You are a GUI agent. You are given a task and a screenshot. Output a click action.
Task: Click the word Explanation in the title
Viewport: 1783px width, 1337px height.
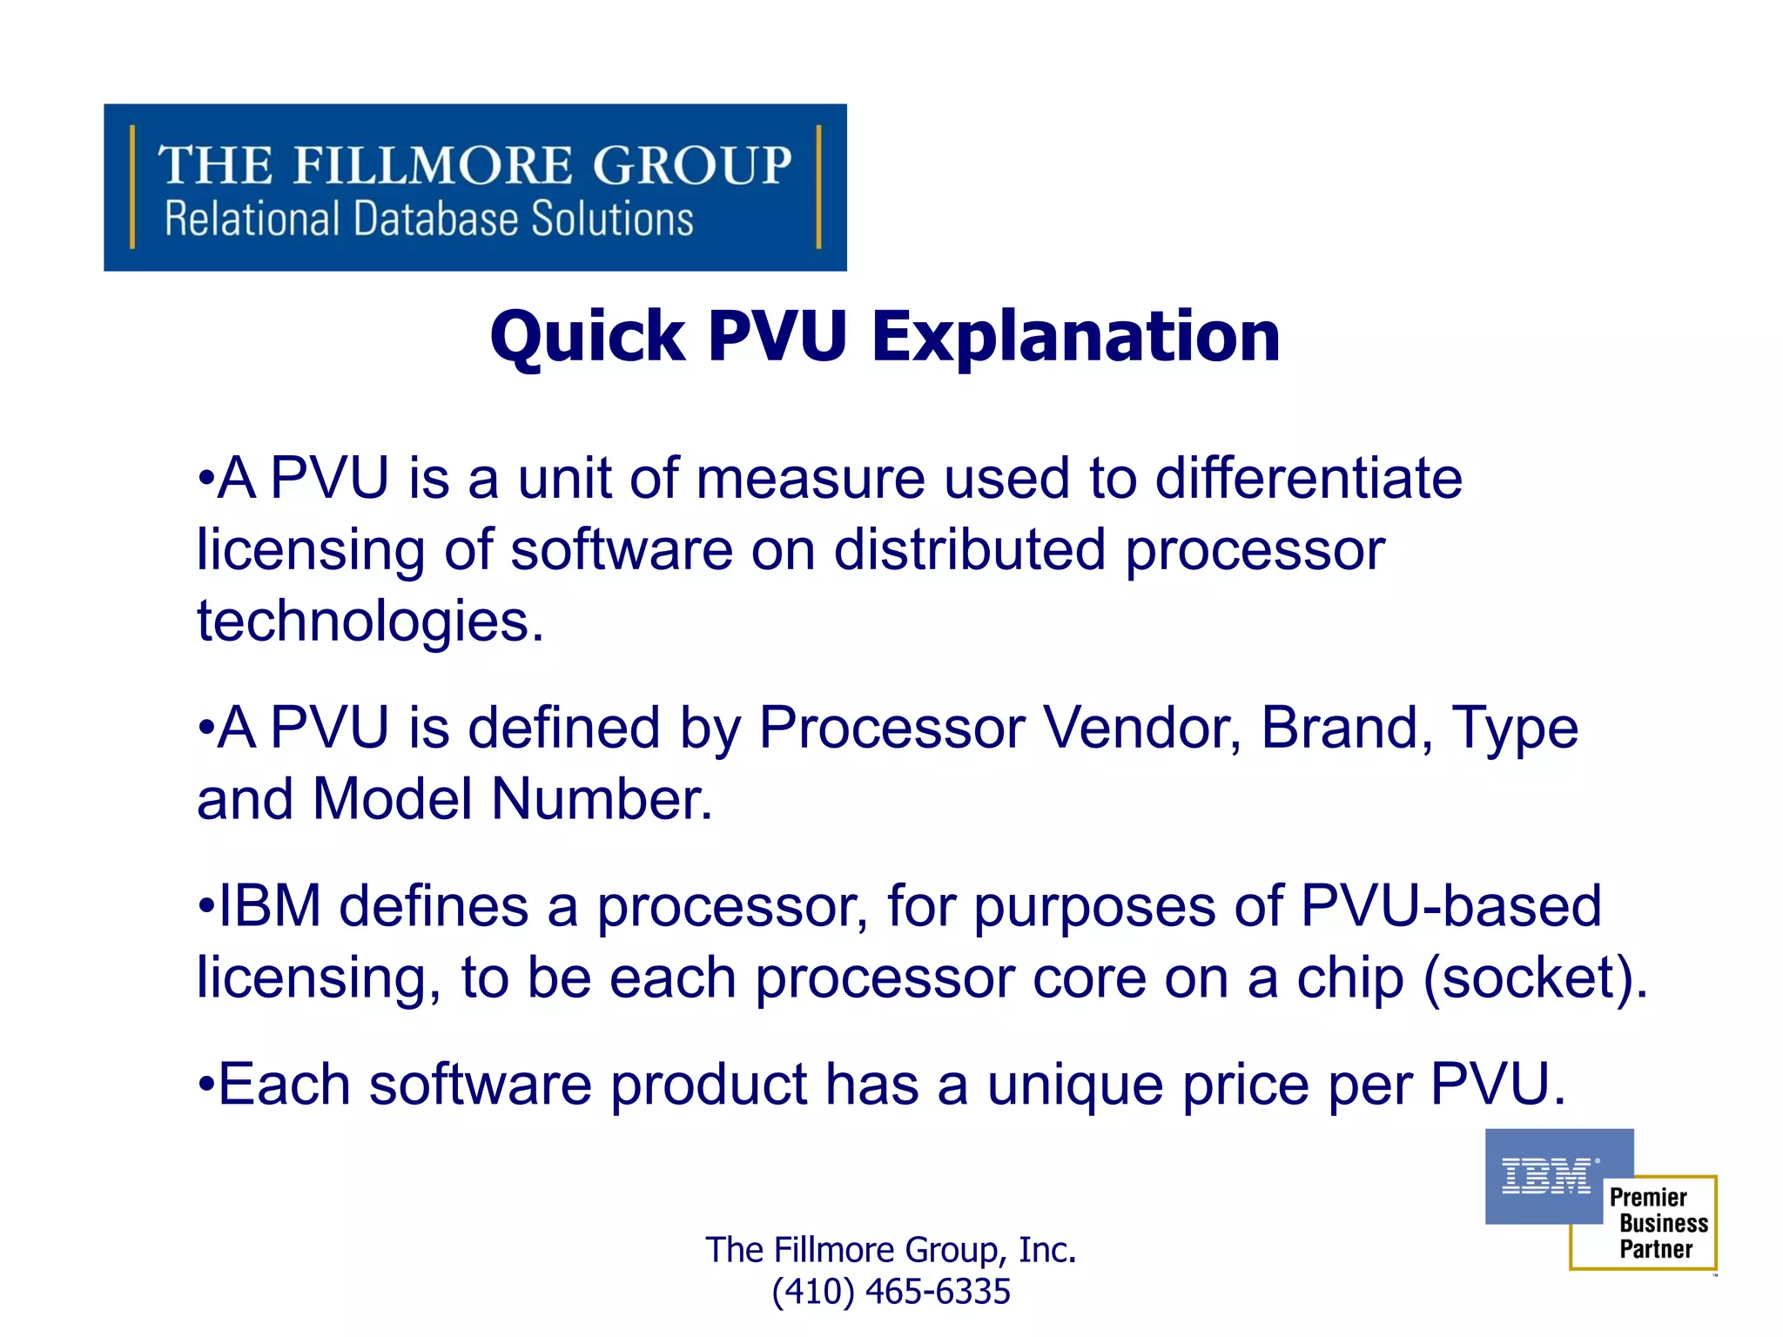click(1076, 337)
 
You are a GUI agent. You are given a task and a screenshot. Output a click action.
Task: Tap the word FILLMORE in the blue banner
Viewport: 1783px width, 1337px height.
click(433, 165)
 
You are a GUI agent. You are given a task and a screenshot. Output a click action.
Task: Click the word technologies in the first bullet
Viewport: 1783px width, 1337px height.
click(370, 621)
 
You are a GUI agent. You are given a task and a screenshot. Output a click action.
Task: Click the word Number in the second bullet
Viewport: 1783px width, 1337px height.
click(601, 799)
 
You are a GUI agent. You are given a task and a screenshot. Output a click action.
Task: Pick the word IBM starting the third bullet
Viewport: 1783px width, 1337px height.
click(269, 906)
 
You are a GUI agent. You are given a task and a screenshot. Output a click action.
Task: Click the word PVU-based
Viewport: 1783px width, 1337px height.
click(1450, 906)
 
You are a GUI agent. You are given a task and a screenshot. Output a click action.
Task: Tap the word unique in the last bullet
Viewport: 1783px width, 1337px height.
click(1075, 1085)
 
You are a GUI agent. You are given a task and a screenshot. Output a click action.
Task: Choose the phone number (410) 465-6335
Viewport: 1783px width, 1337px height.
click(891, 1292)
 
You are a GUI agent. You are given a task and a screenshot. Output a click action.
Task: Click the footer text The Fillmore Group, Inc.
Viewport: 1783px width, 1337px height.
click(891, 1250)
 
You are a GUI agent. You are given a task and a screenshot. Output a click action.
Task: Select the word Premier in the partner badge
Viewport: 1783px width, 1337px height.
click(1648, 1198)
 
